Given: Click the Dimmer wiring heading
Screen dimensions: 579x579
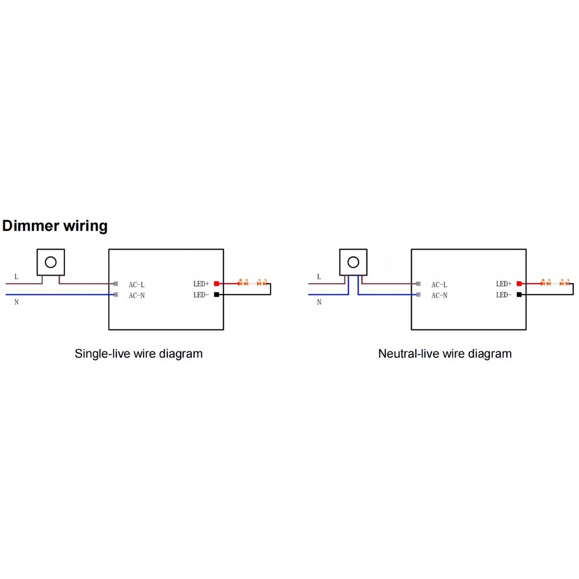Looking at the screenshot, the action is pyautogui.click(x=54, y=226).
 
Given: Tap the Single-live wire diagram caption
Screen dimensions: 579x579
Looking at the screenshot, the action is pyautogui.click(x=138, y=354).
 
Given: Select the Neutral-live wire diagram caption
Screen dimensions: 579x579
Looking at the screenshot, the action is pyautogui.click(x=445, y=354).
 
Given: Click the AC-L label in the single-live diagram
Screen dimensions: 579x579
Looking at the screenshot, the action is pyautogui.click(x=137, y=285).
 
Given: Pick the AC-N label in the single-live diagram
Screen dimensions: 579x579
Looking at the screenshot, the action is pyautogui.click(x=137, y=295).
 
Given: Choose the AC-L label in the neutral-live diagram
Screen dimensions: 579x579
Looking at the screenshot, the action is pyautogui.click(x=439, y=285).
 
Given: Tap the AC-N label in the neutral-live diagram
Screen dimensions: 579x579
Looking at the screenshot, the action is pyautogui.click(x=439, y=295).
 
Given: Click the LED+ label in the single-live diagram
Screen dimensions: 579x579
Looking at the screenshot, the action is pyautogui.click(x=201, y=284).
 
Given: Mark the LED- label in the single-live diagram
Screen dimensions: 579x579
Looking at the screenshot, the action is pyautogui.click(x=201, y=295).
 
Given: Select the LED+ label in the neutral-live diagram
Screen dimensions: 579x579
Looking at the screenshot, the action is pyautogui.click(x=504, y=284).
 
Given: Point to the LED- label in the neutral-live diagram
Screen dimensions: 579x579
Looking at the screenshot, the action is pyautogui.click(x=504, y=295).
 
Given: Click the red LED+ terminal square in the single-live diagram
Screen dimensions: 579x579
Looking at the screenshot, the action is pyautogui.click(x=217, y=284).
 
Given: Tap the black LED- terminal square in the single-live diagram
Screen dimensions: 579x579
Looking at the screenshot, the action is pyautogui.click(x=217, y=294).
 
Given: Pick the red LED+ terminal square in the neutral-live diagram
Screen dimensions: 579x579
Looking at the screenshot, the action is pyautogui.click(x=519, y=284).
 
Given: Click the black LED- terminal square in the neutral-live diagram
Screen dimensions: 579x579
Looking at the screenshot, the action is pyautogui.click(x=519, y=294).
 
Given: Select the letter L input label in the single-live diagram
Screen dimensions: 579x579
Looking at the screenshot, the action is pyautogui.click(x=16, y=277).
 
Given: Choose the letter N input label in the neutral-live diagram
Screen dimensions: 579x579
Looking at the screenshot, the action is pyautogui.click(x=319, y=302).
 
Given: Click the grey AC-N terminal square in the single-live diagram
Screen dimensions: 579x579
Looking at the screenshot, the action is pyautogui.click(x=116, y=295).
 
